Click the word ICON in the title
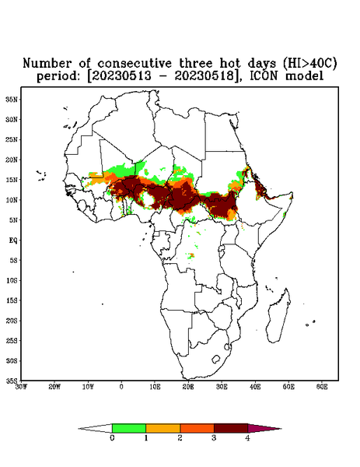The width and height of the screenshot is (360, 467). click(264, 76)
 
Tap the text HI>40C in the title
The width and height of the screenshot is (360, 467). click(309, 64)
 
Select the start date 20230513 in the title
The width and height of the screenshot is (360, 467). click(122, 76)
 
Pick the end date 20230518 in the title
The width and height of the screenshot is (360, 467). click(204, 76)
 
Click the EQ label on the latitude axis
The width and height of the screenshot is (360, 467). click(13, 240)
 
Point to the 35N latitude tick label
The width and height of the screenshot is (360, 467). click(12, 99)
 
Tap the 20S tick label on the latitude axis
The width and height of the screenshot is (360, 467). click(12, 321)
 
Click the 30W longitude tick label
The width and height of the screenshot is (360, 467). click(21, 387)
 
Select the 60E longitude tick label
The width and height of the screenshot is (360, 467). click(322, 387)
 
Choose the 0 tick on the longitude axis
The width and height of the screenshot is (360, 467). click(121, 387)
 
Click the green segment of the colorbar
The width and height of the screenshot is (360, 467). click(129, 428)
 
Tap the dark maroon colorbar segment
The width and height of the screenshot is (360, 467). click(231, 428)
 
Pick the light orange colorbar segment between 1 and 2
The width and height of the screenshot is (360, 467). click(163, 428)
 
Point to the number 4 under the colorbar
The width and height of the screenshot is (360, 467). click(247, 438)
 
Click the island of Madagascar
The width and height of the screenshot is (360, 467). click(278, 317)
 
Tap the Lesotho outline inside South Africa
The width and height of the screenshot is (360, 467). click(215, 359)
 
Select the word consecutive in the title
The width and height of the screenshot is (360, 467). click(135, 64)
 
